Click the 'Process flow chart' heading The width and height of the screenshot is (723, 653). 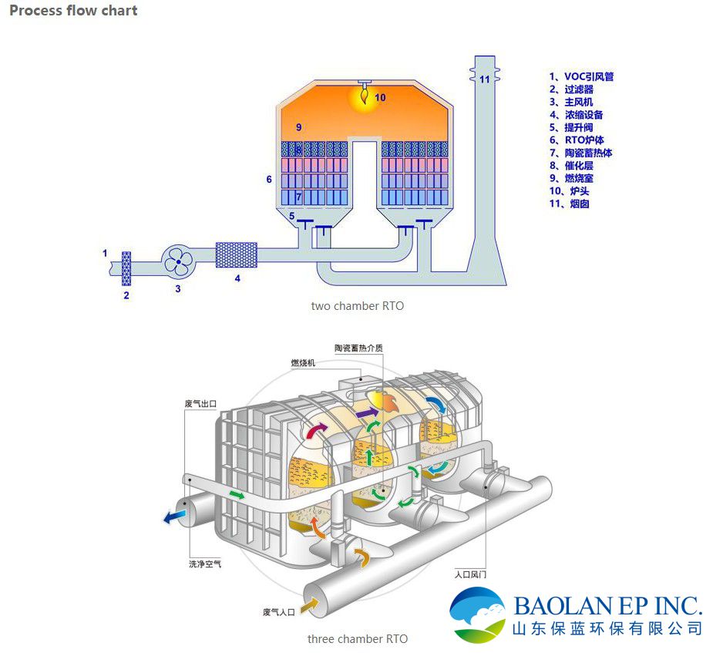(74, 11)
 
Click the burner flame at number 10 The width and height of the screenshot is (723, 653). (361, 96)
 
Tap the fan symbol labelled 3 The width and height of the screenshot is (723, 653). (179, 262)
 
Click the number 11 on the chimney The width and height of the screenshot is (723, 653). (484, 79)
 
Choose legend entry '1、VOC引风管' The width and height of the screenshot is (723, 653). (581, 76)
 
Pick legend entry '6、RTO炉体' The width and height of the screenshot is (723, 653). (576, 140)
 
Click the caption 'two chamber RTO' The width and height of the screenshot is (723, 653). (357, 306)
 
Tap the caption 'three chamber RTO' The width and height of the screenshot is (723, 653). (358, 639)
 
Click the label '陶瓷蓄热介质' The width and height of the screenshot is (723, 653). (358, 348)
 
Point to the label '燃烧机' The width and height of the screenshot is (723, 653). (303, 362)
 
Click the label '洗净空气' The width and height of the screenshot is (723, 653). (205, 564)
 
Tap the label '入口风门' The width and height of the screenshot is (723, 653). (470, 574)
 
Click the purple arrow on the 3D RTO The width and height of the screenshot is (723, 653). (367, 413)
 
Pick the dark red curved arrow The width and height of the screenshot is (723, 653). (316, 432)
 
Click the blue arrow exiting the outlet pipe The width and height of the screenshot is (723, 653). (172, 518)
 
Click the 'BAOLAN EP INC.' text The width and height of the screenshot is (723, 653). (607, 604)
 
